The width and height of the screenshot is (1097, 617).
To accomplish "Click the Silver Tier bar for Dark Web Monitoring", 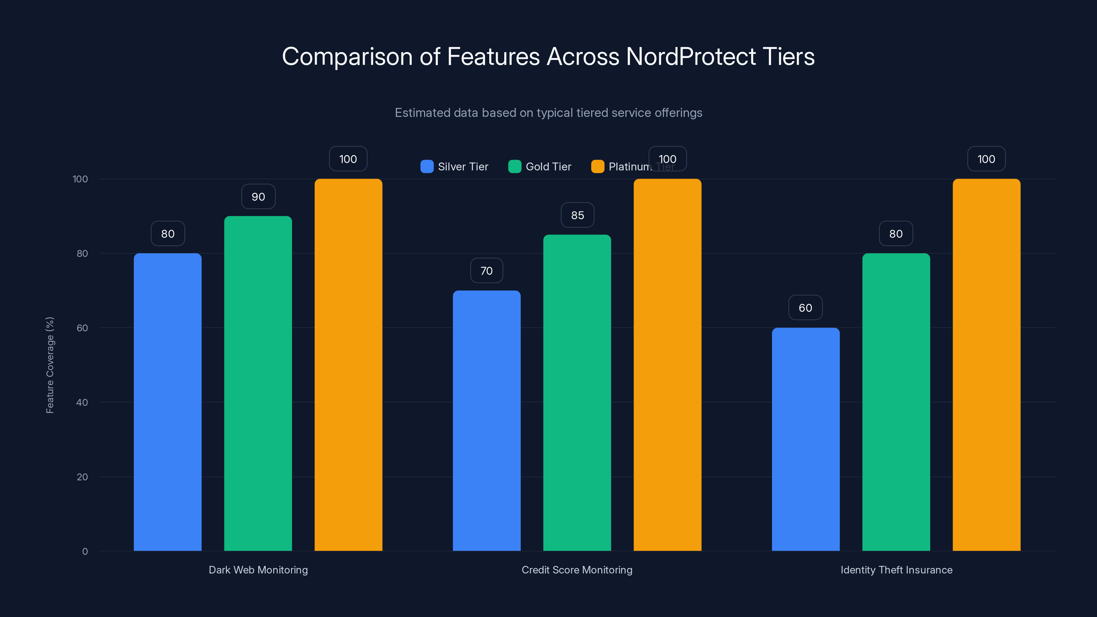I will (x=167, y=402).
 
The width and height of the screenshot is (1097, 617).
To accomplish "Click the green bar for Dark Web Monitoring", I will (x=258, y=383).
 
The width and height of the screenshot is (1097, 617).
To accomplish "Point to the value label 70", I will (x=486, y=271).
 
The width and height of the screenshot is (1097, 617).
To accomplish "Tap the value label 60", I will (x=805, y=308).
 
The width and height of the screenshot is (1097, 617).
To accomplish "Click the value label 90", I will (x=258, y=197).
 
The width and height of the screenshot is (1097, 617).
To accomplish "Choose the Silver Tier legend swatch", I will (x=427, y=167).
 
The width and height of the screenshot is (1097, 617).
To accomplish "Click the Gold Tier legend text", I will (x=548, y=167).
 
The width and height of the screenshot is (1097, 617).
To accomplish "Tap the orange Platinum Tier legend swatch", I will (x=598, y=167).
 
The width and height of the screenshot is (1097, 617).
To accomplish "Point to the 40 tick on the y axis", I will (x=82, y=402).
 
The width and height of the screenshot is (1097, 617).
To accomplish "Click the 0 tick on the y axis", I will (x=85, y=552).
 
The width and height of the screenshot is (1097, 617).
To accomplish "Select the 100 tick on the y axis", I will (x=80, y=179).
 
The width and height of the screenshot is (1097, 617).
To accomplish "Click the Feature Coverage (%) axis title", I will (x=50, y=365).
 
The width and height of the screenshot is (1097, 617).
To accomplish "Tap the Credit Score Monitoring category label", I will (x=577, y=570).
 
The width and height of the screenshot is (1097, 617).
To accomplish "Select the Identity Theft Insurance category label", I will (x=896, y=570).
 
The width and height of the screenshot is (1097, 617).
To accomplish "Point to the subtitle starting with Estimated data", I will (x=548, y=112).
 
